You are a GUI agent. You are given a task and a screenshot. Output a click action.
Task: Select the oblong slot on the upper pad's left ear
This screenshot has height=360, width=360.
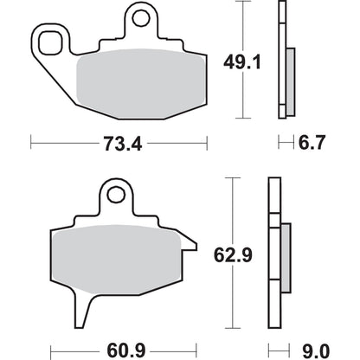(x=53, y=41)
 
